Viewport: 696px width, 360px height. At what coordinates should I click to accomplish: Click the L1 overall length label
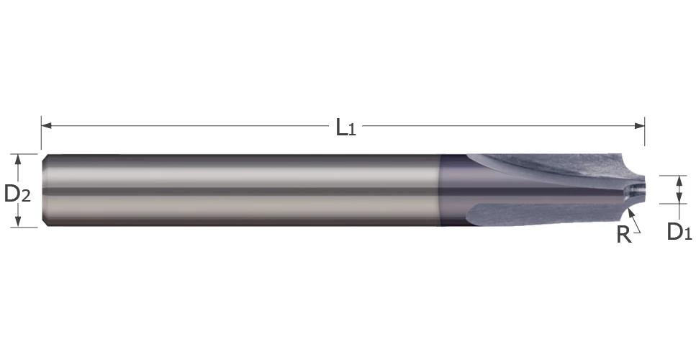345,127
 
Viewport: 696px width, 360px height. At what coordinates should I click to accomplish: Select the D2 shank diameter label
17,193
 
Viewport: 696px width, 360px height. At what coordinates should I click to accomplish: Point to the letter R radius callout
623,234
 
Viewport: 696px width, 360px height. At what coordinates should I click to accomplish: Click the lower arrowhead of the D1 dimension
678,199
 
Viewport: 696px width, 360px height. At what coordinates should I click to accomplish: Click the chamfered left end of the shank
45,191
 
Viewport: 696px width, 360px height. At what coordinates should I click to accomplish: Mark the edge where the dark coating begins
440,191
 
